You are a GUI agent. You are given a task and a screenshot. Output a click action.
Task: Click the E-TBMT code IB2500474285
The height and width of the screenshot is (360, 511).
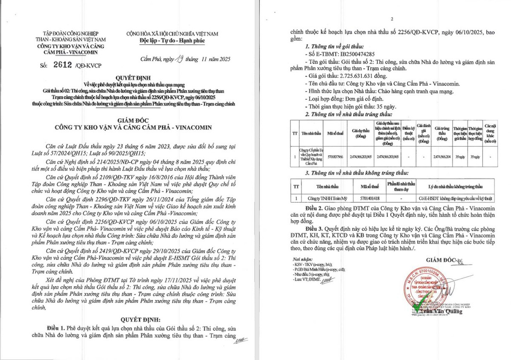363,55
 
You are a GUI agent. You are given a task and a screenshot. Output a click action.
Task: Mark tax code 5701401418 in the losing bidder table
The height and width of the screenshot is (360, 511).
370,198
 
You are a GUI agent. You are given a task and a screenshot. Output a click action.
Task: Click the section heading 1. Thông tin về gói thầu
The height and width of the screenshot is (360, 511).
339,46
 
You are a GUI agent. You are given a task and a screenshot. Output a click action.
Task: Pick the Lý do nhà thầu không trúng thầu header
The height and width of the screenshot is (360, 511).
456,187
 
